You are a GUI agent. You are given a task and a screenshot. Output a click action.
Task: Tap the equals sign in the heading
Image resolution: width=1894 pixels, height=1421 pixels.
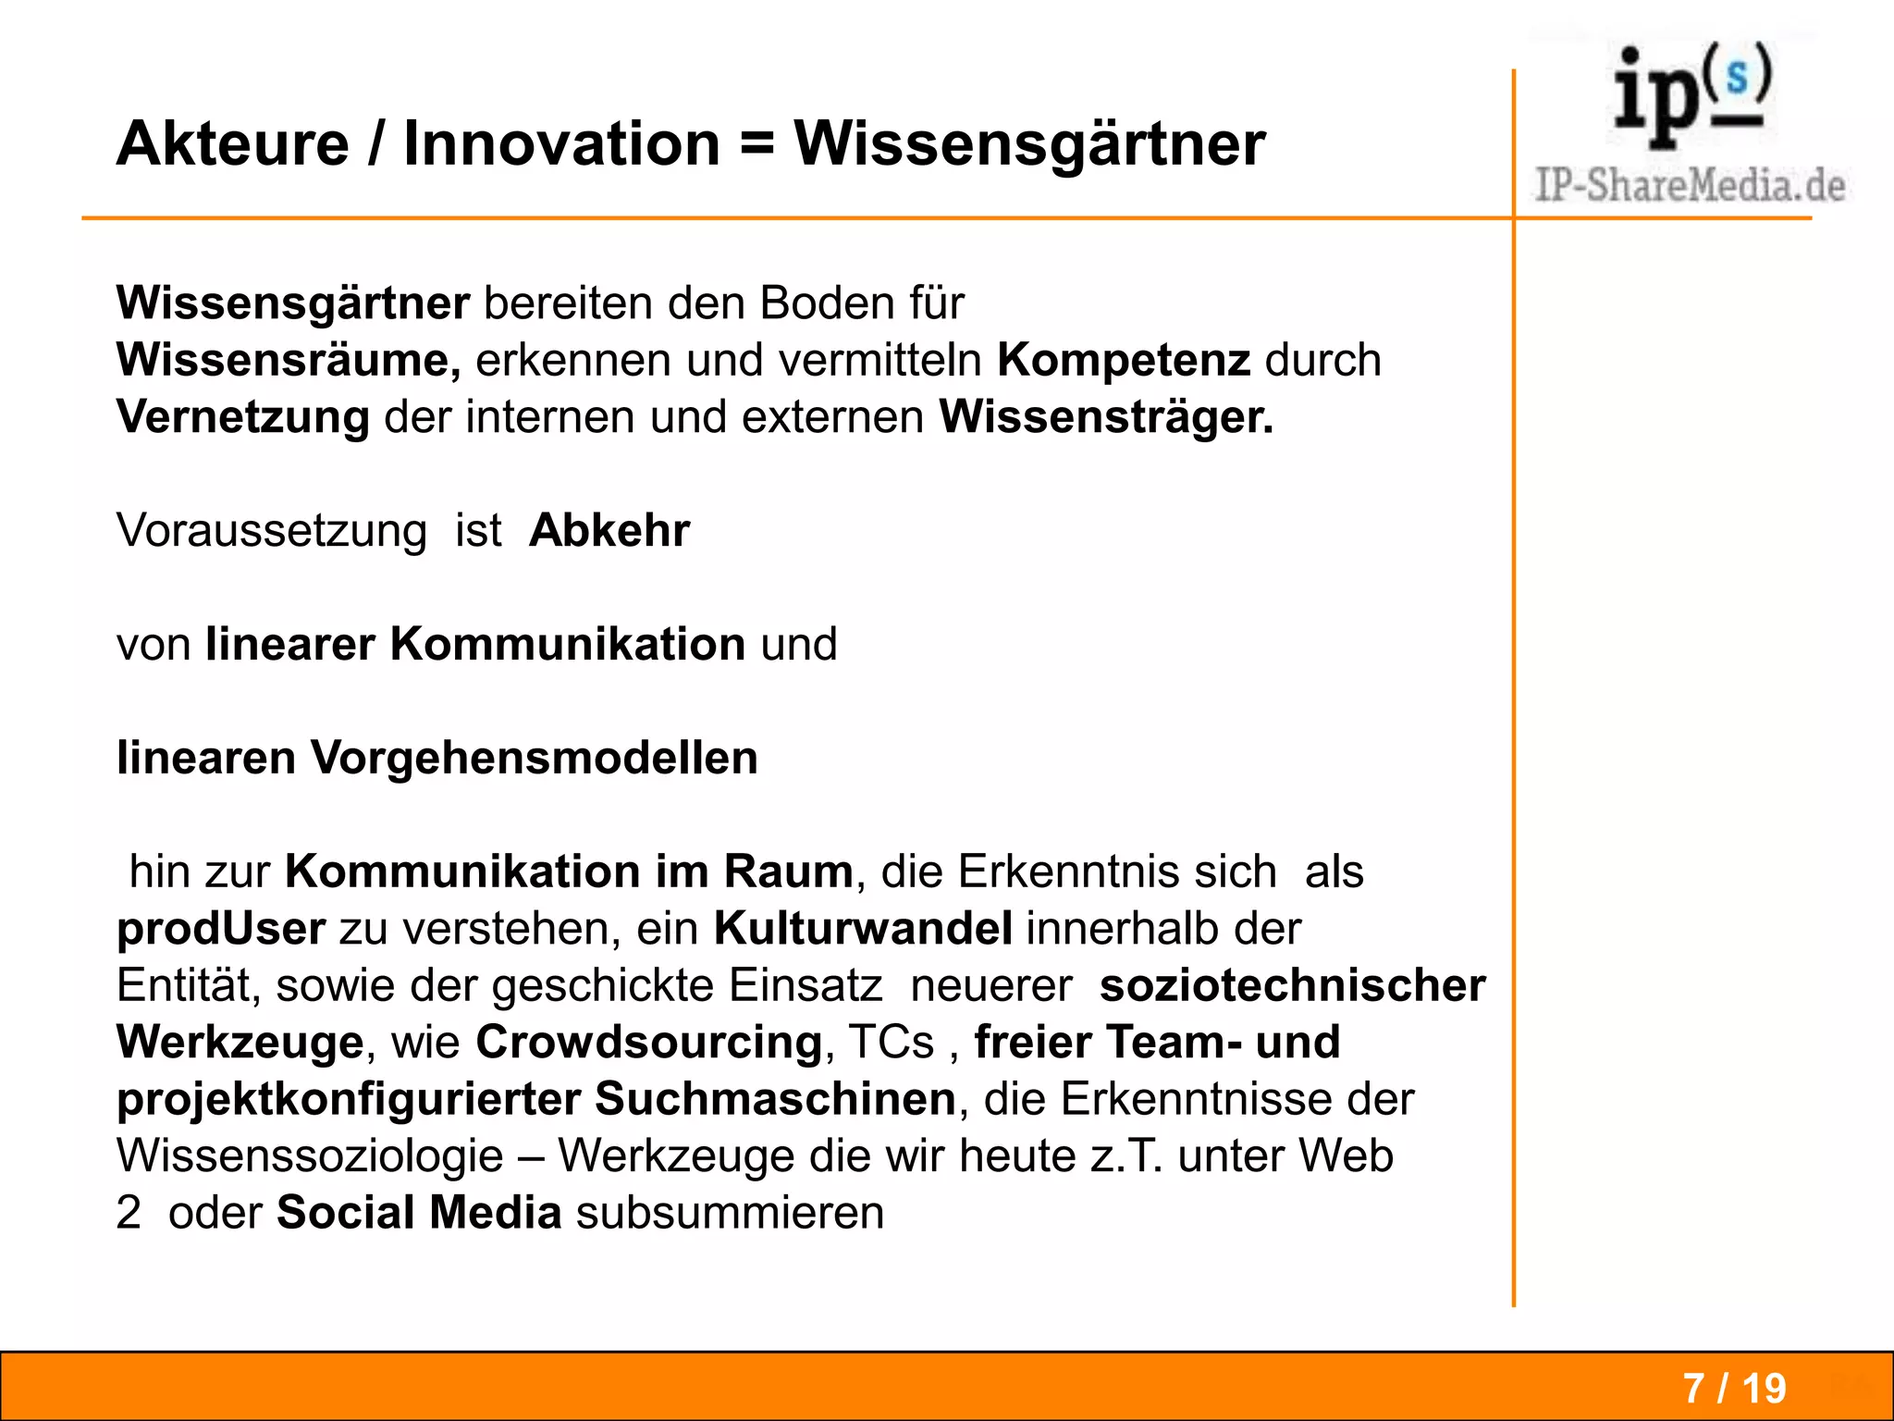(x=757, y=146)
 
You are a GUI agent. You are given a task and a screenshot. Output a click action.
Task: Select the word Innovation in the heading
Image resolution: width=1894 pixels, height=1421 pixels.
(x=561, y=144)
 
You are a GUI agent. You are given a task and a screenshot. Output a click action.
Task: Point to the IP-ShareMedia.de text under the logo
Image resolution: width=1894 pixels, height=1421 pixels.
(x=1690, y=185)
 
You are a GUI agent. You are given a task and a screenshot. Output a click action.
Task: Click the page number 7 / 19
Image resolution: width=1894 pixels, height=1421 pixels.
(x=1734, y=1388)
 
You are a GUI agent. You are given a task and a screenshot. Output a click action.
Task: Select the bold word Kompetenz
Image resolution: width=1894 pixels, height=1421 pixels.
(x=1123, y=360)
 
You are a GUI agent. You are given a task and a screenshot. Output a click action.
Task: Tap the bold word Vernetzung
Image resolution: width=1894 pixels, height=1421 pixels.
(x=243, y=417)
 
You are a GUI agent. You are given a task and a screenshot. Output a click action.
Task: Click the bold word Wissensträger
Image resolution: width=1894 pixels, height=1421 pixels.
(x=1106, y=417)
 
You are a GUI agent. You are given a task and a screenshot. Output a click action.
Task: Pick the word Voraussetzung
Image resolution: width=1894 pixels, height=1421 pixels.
(x=271, y=531)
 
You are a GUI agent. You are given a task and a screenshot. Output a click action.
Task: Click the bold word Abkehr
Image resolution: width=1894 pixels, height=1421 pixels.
(x=609, y=531)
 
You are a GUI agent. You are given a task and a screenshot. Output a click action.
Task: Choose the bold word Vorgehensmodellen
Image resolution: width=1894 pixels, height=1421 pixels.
(x=534, y=759)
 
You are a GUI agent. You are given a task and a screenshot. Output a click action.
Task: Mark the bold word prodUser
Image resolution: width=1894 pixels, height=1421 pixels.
(x=221, y=929)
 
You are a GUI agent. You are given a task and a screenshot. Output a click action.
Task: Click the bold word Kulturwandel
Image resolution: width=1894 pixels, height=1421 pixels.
(x=863, y=929)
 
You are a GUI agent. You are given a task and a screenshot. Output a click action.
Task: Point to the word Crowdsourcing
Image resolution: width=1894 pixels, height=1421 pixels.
(x=649, y=1043)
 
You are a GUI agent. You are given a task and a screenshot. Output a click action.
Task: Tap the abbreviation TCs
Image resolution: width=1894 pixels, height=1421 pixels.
(x=892, y=1043)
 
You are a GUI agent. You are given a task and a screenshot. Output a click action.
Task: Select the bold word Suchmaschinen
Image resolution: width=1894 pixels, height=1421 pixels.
(x=775, y=1100)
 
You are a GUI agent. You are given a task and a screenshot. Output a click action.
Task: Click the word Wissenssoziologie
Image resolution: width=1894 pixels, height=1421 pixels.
(x=310, y=1156)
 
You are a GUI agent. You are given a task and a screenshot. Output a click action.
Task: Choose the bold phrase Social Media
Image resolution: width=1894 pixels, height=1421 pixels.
(x=419, y=1213)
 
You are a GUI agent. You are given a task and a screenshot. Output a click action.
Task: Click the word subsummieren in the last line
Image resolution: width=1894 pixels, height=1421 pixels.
(x=730, y=1213)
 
